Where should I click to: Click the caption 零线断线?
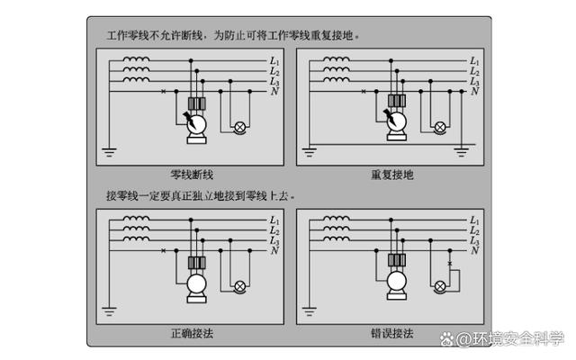[x=192, y=175]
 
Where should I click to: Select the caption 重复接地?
[x=392, y=175]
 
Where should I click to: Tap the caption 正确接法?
[x=192, y=333]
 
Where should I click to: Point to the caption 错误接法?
[x=392, y=333]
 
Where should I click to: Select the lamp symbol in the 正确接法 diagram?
[x=240, y=286]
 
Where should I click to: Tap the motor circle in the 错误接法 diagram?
[x=397, y=283]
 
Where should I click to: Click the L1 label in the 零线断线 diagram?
[x=274, y=61]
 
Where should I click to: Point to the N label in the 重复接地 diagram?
[x=474, y=91]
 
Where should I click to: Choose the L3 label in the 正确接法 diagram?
[x=274, y=241]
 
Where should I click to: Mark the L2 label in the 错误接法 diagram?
[x=474, y=230]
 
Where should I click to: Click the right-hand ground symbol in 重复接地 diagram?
[x=462, y=152]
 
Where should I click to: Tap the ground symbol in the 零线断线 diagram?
[x=109, y=152]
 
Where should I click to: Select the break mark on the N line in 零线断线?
[x=164, y=91]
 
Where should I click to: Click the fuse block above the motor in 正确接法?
[x=196, y=263]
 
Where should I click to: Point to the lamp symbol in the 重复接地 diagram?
[x=440, y=128]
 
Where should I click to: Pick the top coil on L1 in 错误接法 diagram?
[x=336, y=219]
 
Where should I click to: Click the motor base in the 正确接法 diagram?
[x=196, y=299]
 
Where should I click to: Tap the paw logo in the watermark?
[x=447, y=338]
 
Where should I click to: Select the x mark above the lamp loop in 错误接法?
[x=450, y=264]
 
